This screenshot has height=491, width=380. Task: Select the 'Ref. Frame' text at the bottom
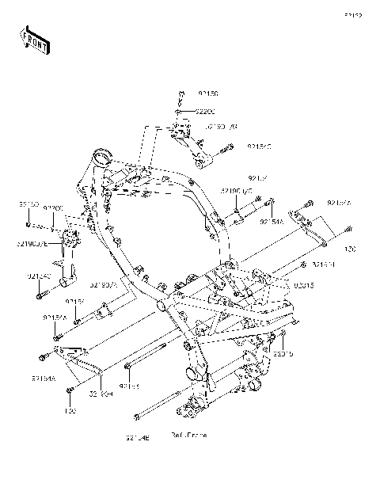[189, 436]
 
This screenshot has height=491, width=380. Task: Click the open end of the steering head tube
[101, 155]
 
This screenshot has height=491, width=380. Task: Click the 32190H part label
[102, 393]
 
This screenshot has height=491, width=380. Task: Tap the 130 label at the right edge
[350, 248]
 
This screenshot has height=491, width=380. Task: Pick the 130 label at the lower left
[70, 412]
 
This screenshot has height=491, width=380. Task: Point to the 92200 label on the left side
[53, 208]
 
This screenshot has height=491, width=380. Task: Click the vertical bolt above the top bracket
[180, 99]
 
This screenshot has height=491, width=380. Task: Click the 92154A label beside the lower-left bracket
[44, 379]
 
